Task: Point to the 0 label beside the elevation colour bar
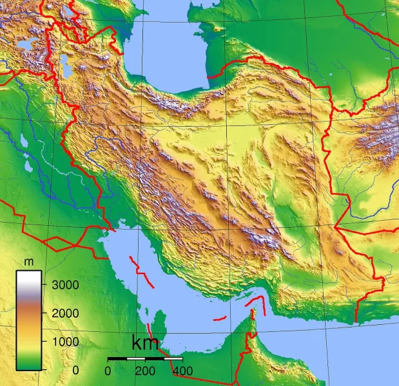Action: click(x=75, y=370)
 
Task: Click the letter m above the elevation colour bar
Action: click(x=28, y=262)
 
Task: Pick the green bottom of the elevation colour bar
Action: click(x=29, y=365)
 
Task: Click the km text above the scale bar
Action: click(x=145, y=344)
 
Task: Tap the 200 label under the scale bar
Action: click(x=145, y=371)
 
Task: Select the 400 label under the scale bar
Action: click(x=182, y=371)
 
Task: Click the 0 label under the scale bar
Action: click(x=108, y=371)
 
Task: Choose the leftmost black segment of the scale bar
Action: click(x=117, y=358)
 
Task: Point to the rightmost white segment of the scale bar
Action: click(x=173, y=358)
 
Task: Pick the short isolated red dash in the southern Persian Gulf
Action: click(x=220, y=318)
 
